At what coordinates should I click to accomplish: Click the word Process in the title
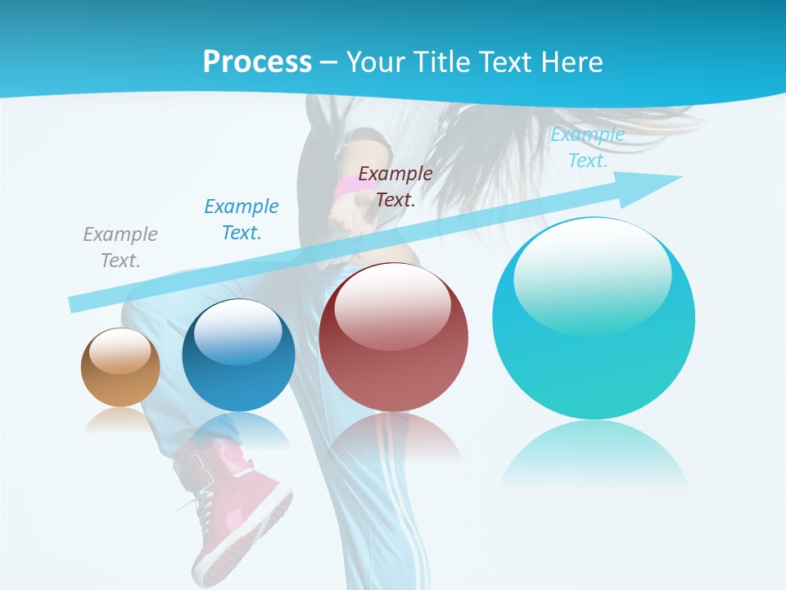coord(257,61)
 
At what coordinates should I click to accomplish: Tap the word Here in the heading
coord(572,61)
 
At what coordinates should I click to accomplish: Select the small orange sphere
coord(120,367)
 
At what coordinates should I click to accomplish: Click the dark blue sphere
coord(238,356)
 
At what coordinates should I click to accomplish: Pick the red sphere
coord(393,338)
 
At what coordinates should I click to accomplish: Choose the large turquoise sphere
coord(594,320)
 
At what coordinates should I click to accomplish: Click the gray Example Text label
coord(120,247)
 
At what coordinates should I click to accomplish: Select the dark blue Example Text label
coord(242,220)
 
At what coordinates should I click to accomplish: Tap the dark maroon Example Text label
coord(395,186)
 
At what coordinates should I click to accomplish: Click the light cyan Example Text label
coord(588,147)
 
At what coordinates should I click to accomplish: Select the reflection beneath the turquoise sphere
coord(594,451)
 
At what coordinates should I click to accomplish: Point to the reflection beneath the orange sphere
coord(120,420)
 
